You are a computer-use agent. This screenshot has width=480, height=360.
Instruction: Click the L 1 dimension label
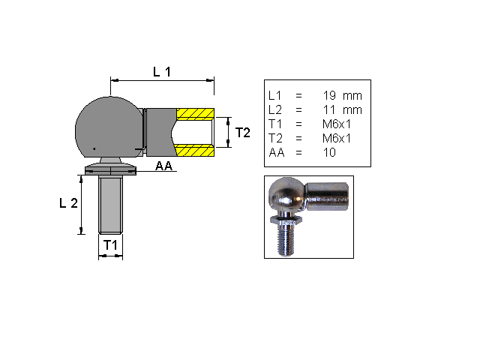(x=162, y=72)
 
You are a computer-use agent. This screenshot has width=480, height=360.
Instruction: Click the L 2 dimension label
(x=69, y=204)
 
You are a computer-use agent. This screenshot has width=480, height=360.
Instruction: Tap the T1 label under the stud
(x=110, y=245)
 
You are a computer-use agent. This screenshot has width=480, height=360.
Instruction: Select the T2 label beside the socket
(x=242, y=133)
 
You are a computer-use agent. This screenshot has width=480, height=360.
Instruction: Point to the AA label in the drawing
(x=164, y=166)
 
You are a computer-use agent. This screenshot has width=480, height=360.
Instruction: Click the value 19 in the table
(x=331, y=96)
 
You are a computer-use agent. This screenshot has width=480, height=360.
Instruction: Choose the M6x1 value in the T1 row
(x=338, y=124)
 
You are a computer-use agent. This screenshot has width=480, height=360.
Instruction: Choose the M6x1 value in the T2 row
(x=338, y=139)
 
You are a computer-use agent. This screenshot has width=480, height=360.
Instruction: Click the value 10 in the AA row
(x=330, y=153)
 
